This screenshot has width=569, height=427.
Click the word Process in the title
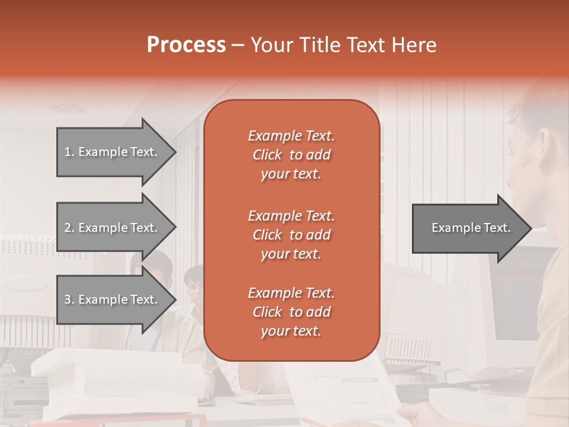[186, 45]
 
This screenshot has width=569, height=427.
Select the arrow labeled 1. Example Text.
[113, 152]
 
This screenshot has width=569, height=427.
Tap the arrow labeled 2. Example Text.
[113, 228]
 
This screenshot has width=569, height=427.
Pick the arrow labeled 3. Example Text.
[113, 299]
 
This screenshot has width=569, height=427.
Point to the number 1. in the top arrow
[69, 152]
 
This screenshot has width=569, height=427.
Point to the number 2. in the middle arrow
[69, 228]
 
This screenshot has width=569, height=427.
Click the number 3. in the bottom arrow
[69, 299]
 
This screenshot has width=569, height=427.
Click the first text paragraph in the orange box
[291, 155]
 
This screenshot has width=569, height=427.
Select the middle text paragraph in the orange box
[291, 235]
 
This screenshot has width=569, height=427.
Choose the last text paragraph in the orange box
[291, 312]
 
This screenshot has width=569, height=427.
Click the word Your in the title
[270, 45]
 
